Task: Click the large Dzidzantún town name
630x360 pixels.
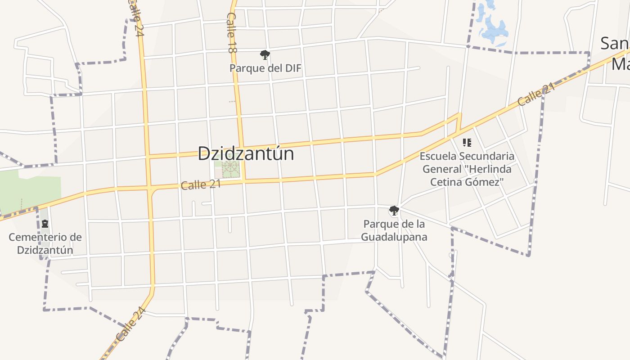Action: (246, 153)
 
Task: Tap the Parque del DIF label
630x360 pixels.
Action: (265, 68)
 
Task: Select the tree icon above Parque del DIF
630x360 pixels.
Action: (265, 55)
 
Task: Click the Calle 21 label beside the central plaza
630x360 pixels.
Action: (201, 184)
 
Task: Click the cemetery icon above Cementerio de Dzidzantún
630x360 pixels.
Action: (45, 224)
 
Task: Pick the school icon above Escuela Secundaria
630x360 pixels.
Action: (467, 143)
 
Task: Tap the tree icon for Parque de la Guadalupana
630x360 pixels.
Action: (394, 210)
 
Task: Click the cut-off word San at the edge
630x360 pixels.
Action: (615, 44)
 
